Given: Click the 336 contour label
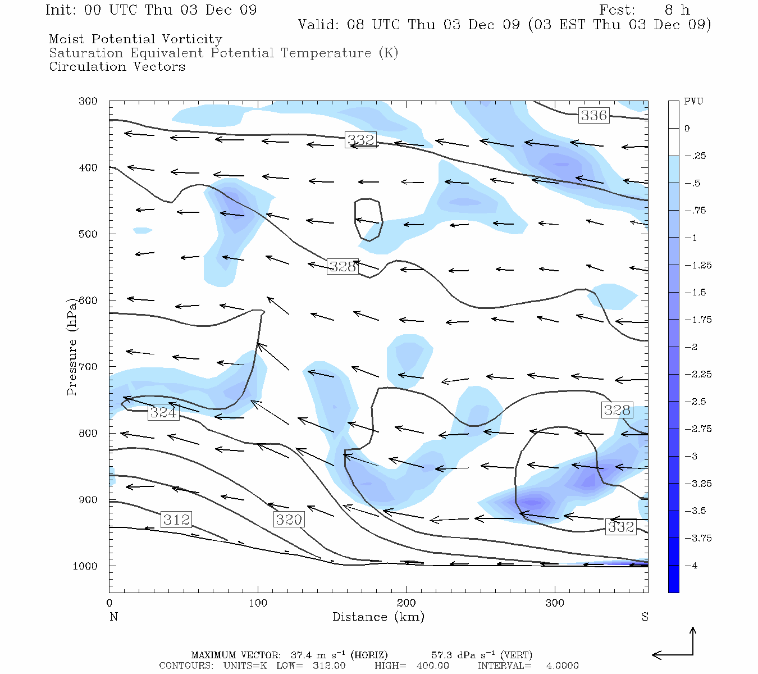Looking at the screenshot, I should click(x=594, y=116).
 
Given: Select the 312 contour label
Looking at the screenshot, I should click(x=176, y=520).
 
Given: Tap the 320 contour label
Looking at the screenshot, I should click(x=289, y=520).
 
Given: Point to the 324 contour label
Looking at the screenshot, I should click(x=163, y=413).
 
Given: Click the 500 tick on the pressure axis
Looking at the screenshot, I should click(x=88, y=234).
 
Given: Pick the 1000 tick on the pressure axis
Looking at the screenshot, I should click(x=85, y=566).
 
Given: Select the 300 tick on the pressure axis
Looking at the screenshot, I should click(x=88, y=102).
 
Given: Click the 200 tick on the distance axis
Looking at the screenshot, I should click(x=406, y=603).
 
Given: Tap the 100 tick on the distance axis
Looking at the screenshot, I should click(x=258, y=603).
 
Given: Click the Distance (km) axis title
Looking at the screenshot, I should click(x=378, y=617).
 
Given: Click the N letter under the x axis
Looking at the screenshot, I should click(x=113, y=617).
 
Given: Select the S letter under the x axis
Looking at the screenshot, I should click(x=645, y=617).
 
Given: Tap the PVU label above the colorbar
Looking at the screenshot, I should click(x=693, y=102).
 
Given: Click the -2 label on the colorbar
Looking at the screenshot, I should click(x=691, y=347).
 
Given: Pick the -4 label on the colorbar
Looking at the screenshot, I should click(x=691, y=566).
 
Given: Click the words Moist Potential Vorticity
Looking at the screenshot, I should click(x=135, y=39).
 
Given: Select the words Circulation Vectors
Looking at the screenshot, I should click(x=117, y=67).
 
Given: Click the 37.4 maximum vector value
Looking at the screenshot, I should click(x=301, y=655).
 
